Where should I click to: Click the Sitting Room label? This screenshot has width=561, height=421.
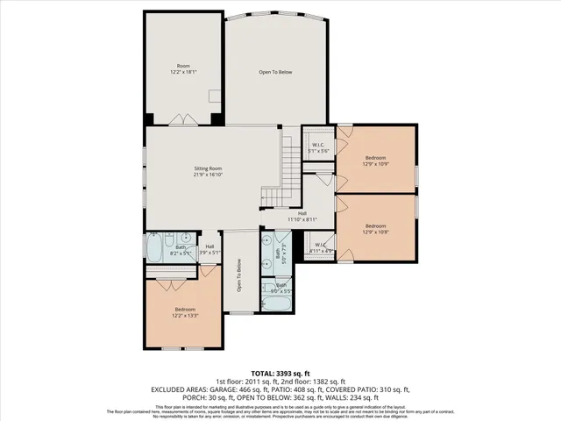point(208,171)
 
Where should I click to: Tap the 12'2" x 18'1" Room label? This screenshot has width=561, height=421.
point(183,69)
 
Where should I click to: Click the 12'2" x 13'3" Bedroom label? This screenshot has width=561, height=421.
point(184,311)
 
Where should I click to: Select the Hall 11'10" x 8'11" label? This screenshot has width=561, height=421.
point(302,216)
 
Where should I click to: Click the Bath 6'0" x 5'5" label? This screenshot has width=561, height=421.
point(281,287)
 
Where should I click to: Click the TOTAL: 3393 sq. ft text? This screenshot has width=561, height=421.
point(280,373)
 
